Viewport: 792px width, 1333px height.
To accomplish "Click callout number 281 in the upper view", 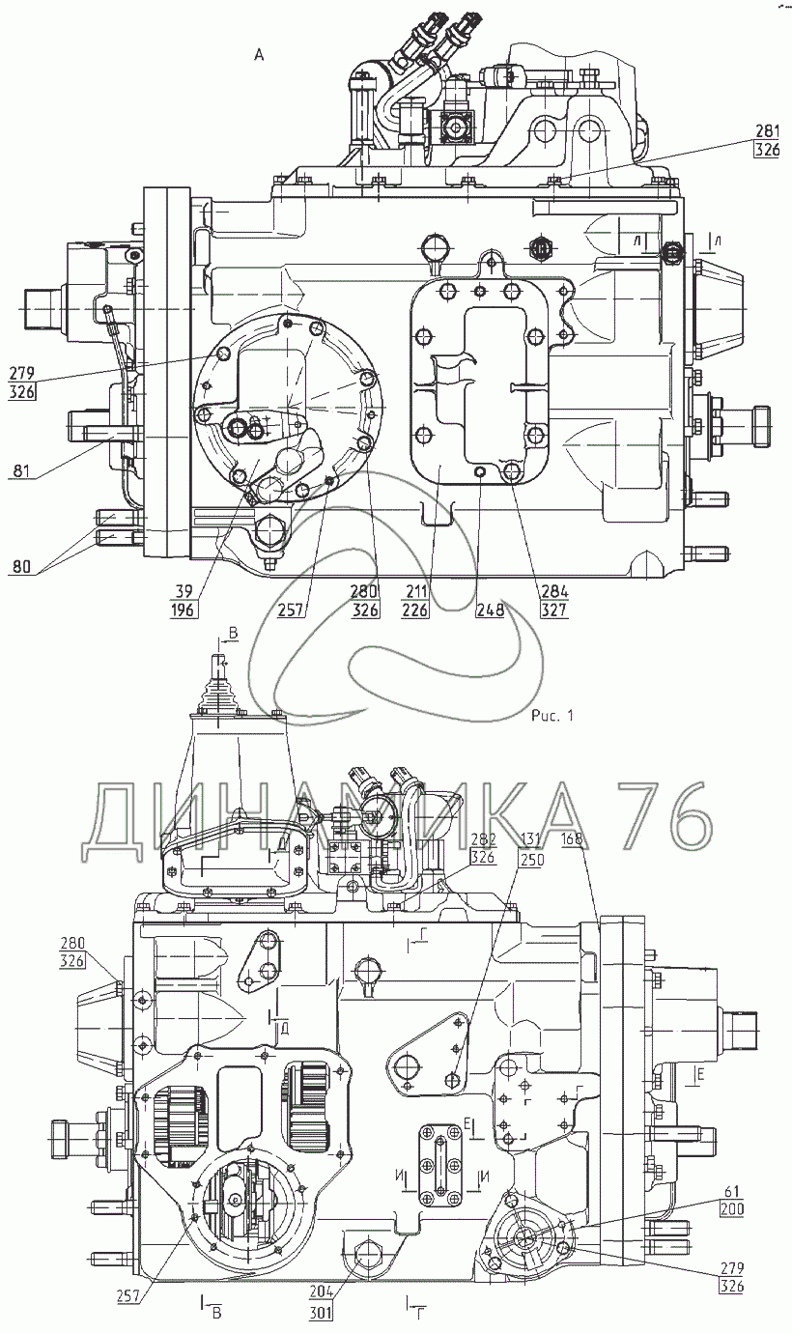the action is [x=767, y=131].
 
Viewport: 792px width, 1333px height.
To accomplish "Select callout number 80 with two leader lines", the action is [x=21, y=567].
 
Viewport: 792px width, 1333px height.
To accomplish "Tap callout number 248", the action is [x=490, y=610].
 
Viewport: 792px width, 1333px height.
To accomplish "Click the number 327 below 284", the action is [x=554, y=610].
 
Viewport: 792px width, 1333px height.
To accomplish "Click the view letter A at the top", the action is [x=258, y=55].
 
